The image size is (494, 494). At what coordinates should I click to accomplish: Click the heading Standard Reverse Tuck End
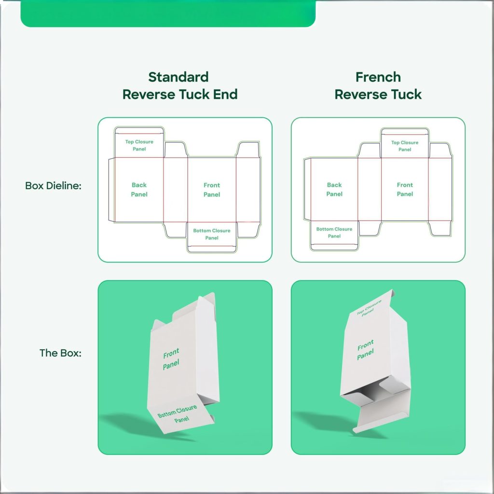(179, 85)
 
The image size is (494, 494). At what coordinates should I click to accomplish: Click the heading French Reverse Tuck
(378, 85)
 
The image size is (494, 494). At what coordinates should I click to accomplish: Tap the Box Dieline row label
(53, 185)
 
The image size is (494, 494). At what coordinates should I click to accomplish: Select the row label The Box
(60, 353)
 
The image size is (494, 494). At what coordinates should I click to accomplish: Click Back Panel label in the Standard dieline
(139, 190)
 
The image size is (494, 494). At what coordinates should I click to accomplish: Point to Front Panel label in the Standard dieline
(212, 190)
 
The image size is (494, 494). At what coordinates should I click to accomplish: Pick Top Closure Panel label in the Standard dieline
(139, 145)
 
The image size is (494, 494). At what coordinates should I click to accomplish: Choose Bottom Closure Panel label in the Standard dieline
(212, 234)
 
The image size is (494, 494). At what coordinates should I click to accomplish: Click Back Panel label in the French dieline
(334, 189)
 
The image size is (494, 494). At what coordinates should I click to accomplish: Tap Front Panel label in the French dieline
(405, 189)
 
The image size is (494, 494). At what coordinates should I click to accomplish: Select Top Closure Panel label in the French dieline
(405, 146)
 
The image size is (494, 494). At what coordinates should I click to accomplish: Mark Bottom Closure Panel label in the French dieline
(334, 233)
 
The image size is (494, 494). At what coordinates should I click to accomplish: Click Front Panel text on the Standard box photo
(171, 359)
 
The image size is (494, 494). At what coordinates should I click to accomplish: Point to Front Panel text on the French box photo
(366, 350)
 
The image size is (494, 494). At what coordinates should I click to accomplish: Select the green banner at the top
(168, 13)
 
